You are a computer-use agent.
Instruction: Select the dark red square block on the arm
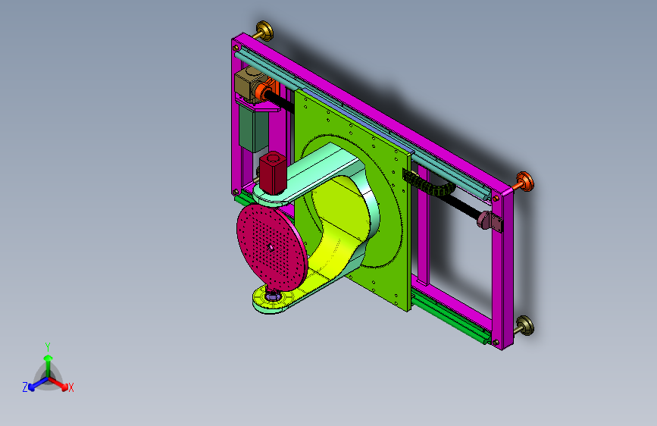pos(272,173)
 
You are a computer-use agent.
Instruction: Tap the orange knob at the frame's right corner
pos(524,182)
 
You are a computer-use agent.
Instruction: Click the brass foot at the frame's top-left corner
pos(264,30)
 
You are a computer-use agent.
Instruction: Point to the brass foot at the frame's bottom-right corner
pos(524,326)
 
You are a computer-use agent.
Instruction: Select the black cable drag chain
pos(428,183)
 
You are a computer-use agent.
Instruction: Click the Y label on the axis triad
pos(48,347)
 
